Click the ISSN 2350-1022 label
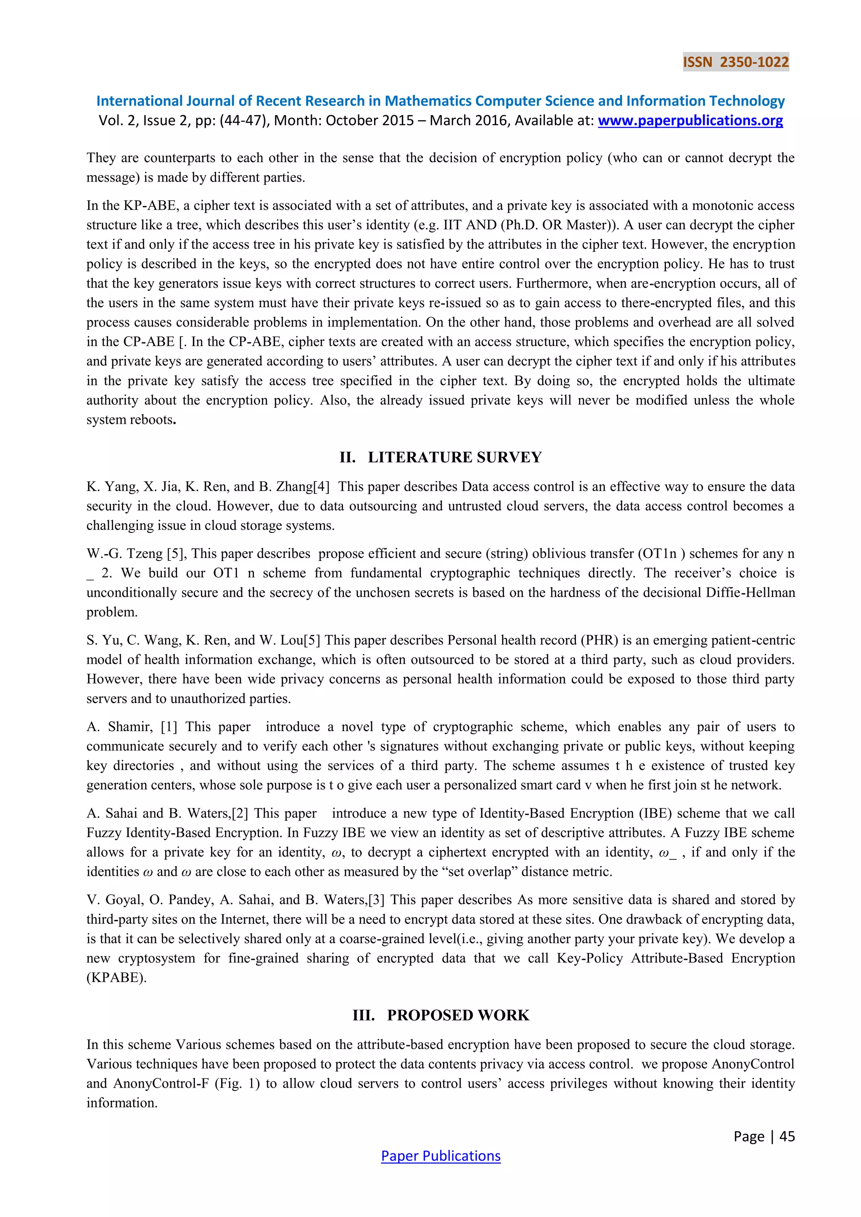click(x=735, y=63)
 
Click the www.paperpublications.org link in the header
click(x=690, y=121)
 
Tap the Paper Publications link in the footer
click(x=441, y=1156)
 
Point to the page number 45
click(x=787, y=1136)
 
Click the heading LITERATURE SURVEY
click(x=454, y=458)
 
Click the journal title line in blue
click(x=440, y=101)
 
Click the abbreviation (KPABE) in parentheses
click(x=116, y=977)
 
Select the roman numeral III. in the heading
click(x=364, y=1015)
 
